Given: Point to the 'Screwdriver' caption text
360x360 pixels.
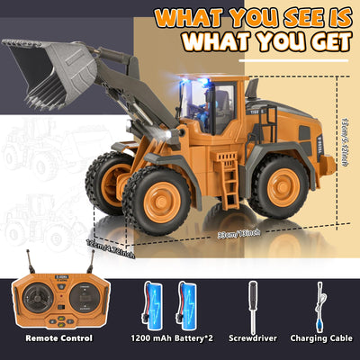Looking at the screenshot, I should pyautogui.click(x=254, y=338).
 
